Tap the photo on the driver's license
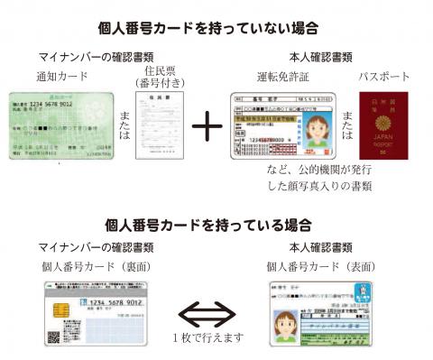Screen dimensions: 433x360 [x=321, y=125]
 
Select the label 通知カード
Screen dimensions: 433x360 [x=61, y=76]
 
